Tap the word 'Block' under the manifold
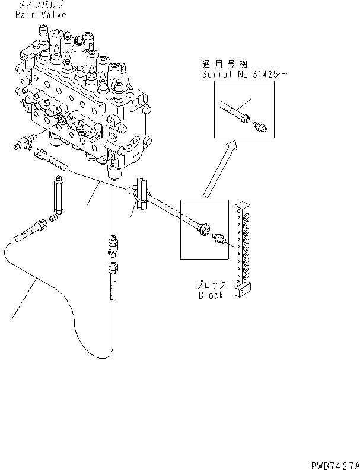pyautogui.click(x=211, y=295)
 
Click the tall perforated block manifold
pyautogui.click(x=243, y=243)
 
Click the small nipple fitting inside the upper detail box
pyautogui.click(x=260, y=125)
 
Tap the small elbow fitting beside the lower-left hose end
pyautogui.click(x=57, y=218)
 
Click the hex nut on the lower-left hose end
pyautogui.click(x=40, y=226)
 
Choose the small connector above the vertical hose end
pyautogui.click(x=111, y=243)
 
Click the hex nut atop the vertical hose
pyautogui.click(x=111, y=267)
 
